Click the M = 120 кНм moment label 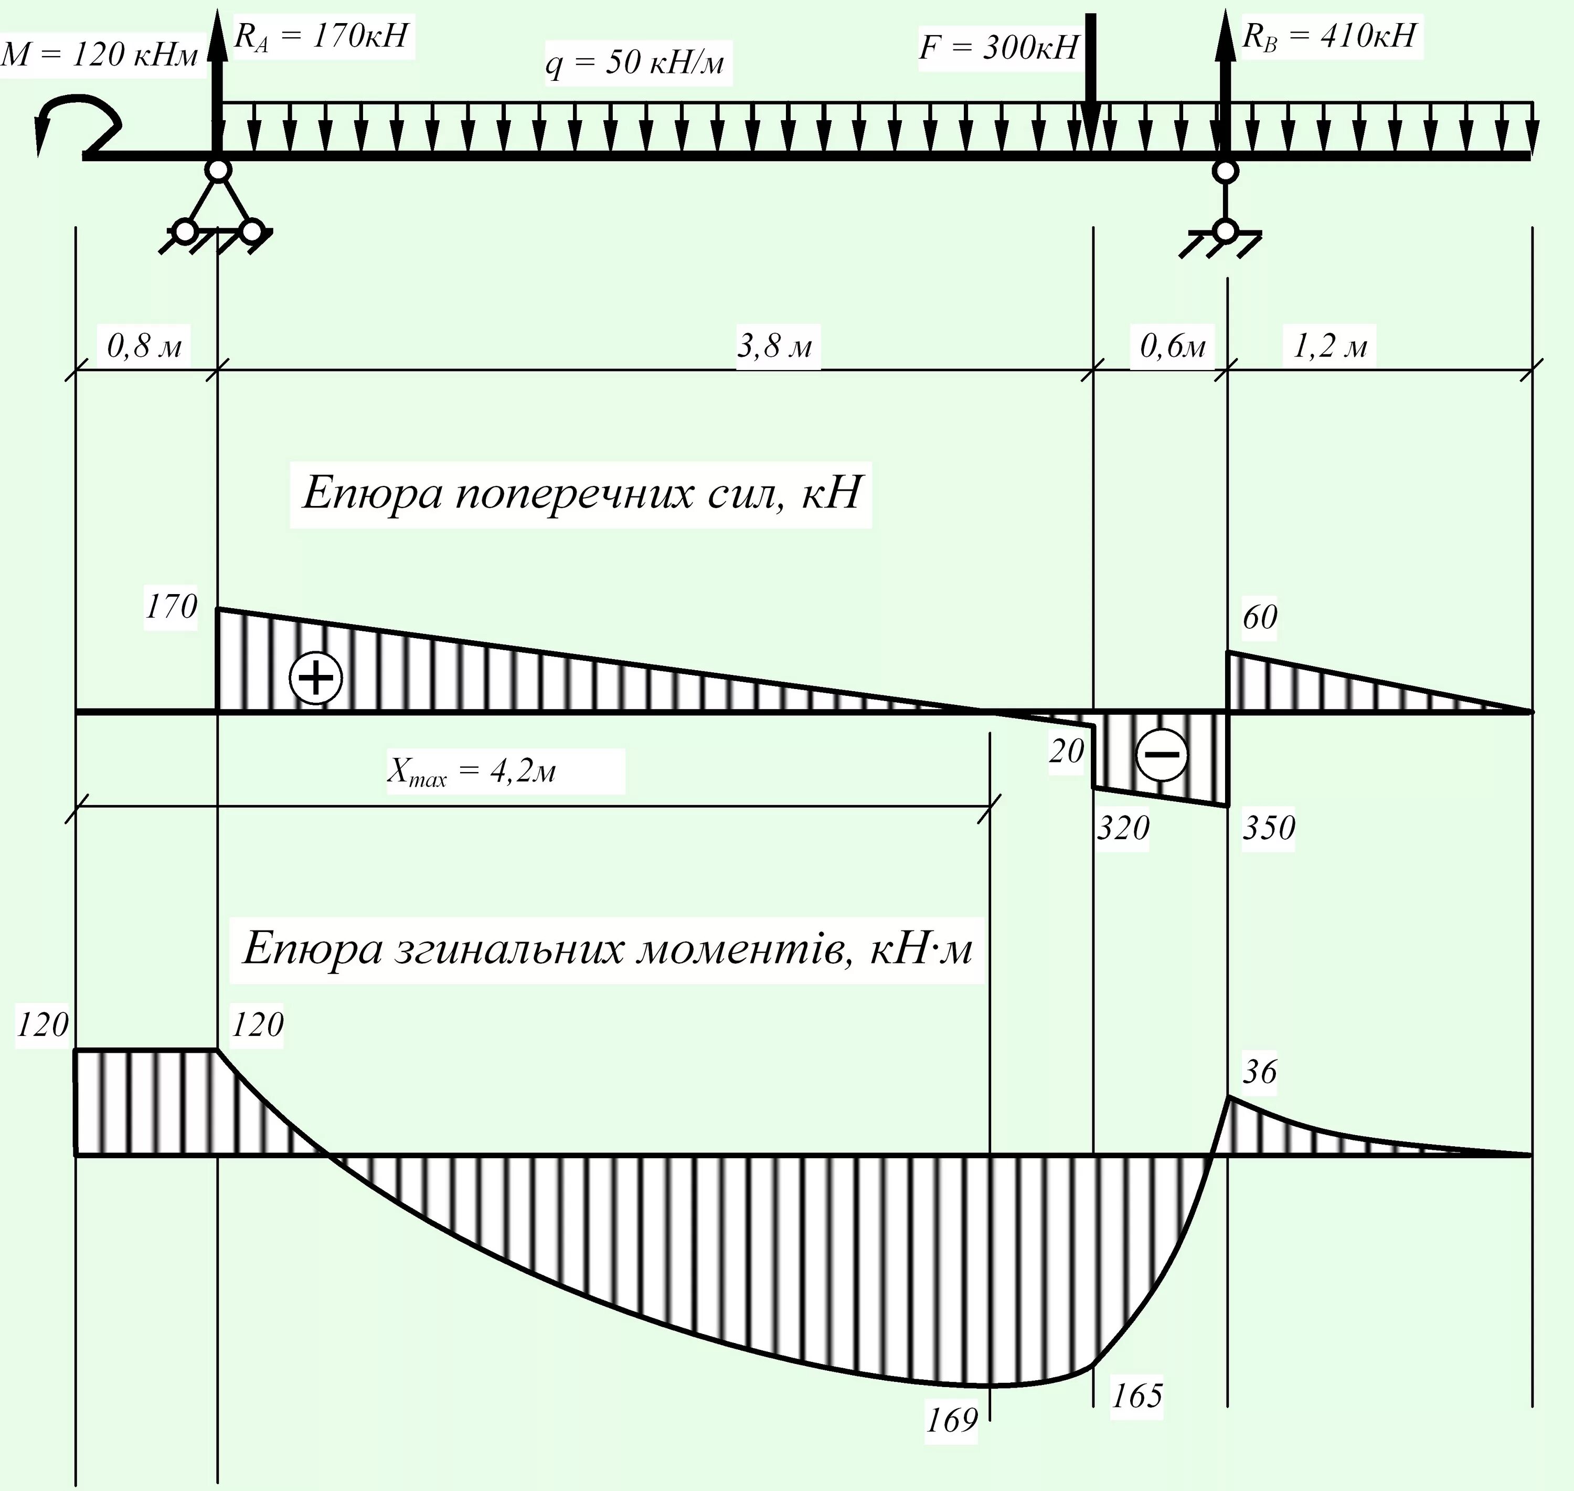pyautogui.click(x=99, y=55)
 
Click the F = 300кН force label pyautogui.click(x=998, y=48)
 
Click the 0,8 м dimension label pyautogui.click(x=144, y=346)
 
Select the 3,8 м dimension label pyautogui.click(x=775, y=346)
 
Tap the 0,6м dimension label pyautogui.click(x=1172, y=346)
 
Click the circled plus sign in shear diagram pyautogui.click(x=315, y=679)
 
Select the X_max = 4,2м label pyautogui.click(x=472, y=771)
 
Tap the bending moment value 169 pyautogui.click(x=951, y=1420)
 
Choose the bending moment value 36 pyautogui.click(x=1259, y=1072)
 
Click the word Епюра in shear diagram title pyautogui.click(x=373, y=493)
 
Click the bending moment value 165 pyautogui.click(x=1136, y=1395)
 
